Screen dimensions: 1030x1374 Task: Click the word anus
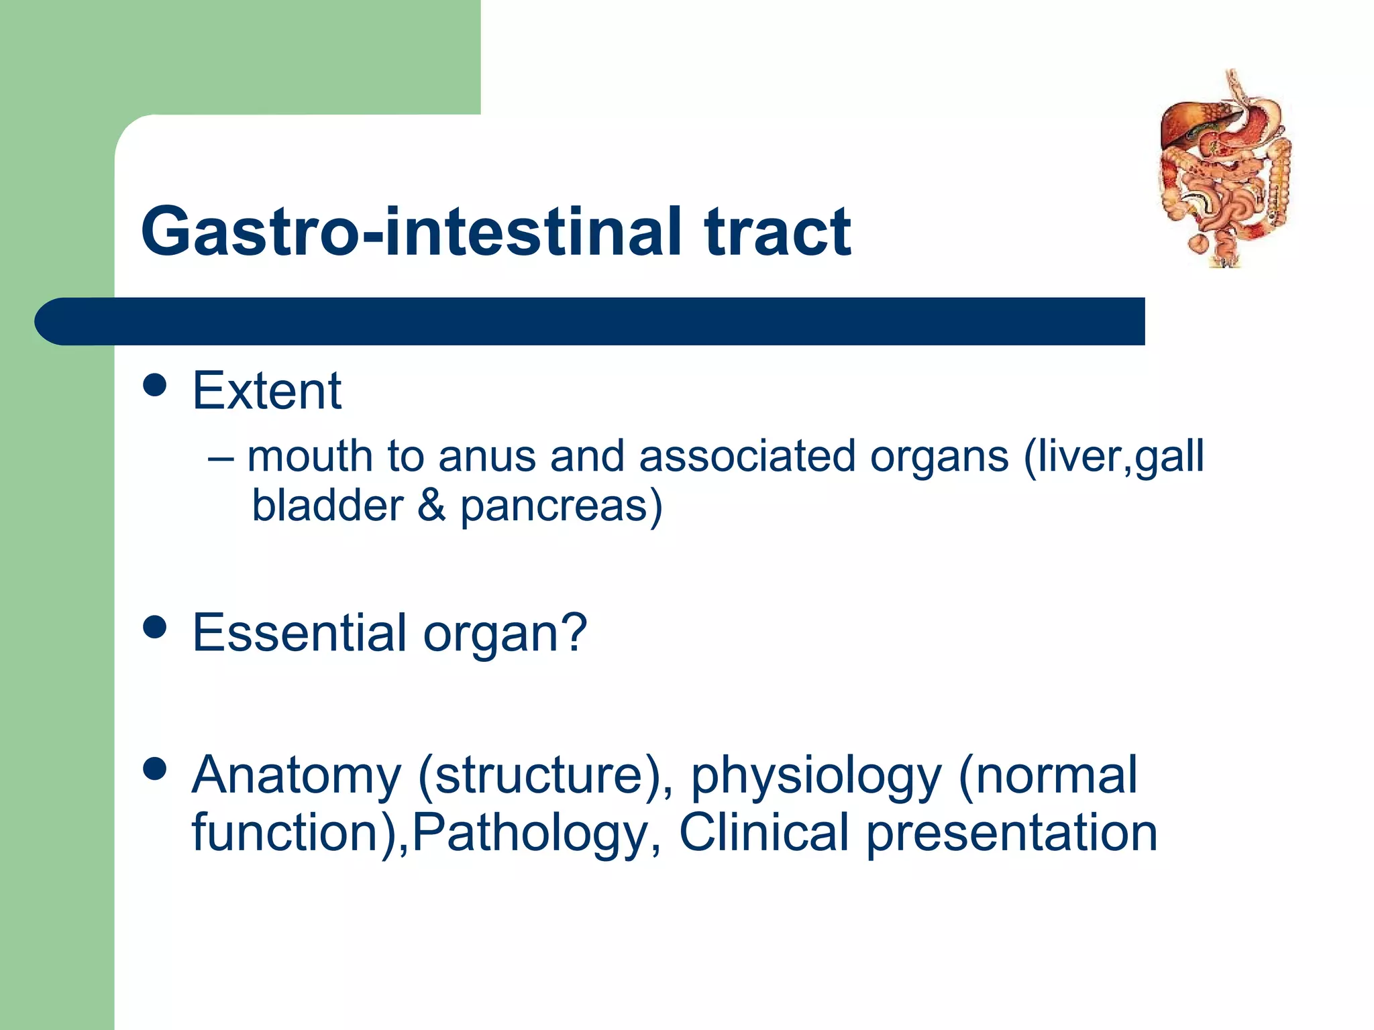click(x=486, y=456)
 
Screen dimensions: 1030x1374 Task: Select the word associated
click(x=747, y=456)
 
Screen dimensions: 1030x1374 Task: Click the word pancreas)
click(x=561, y=506)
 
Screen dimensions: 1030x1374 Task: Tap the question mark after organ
click(x=574, y=632)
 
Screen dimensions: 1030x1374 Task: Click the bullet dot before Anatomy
click(x=155, y=769)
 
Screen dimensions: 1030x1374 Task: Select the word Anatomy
click(x=296, y=776)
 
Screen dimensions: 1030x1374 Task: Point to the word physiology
click(x=816, y=776)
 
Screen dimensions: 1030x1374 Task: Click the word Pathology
click(x=530, y=834)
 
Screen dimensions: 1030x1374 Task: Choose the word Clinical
click(x=764, y=832)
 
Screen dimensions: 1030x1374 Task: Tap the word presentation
click(x=1012, y=834)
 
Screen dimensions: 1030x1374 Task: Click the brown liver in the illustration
click(x=1187, y=124)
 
